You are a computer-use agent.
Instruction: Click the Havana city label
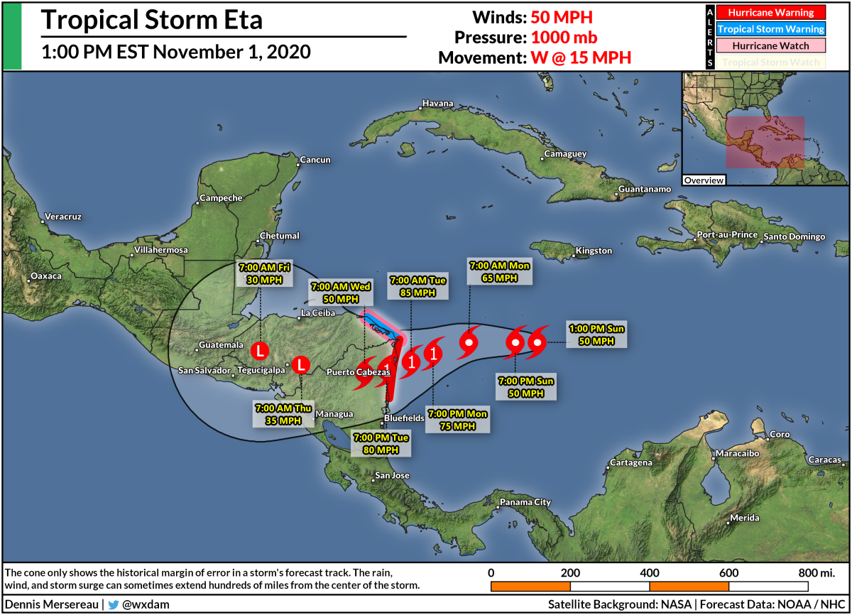[x=437, y=104]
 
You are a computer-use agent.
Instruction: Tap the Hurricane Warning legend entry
[x=770, y=12]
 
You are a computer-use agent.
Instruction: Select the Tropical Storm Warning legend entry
[x=770, y=29]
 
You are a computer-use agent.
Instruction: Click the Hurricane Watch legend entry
[x=770, y=45]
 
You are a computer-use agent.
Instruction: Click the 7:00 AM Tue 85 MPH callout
[x=417, y=286]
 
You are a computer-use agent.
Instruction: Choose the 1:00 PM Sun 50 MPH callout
[x=596, y=334]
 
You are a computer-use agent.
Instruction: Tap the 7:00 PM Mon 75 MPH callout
[x=457, y=420]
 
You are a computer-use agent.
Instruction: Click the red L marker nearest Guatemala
[x=261, y=350]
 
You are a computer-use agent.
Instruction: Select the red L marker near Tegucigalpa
[x=301, y=365]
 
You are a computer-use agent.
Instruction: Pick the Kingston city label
[x=594, y=251]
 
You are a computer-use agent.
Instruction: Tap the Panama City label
[x=525, y=502]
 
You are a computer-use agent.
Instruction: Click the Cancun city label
[x=315, y=160]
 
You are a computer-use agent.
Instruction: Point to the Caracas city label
[x=824, y=460]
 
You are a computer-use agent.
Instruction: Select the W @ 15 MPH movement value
[x=580, y=58]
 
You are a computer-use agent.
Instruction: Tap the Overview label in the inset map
[x=704, y=180]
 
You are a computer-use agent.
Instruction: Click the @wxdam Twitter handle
[x=146, y=604]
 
